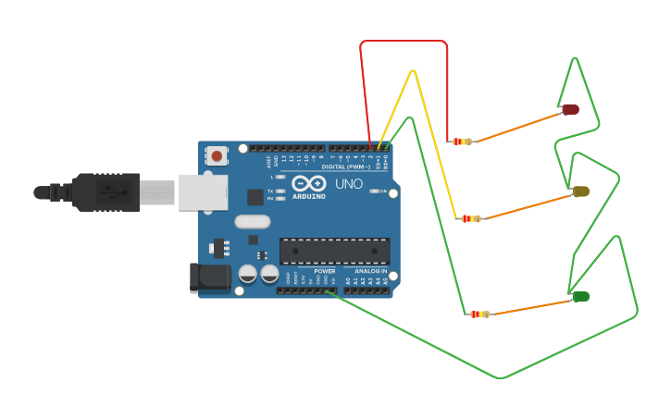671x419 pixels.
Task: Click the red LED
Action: (x=570, y=109)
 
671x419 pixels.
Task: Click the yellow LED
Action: (x=581, y=191)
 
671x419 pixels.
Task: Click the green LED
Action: (x=581, y=297)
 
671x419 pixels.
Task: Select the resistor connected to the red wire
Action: (x=462, y=142)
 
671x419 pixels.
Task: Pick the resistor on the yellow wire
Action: (x=471, y=218)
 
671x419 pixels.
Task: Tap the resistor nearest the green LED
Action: (x=479, y=314)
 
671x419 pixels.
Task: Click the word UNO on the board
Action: (x=349, y=184)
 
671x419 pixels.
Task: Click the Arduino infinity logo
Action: (x=308, y=183)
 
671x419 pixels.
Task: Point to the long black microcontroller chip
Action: (x=334, y=251)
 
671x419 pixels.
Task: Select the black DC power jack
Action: (x=209, y=277)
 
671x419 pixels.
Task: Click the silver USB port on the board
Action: (x=203, y=191)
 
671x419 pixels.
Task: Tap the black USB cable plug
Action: (x=106, y=191)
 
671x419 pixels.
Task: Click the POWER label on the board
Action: (x=324, y=271)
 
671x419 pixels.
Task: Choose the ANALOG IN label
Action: (x=371, y=271)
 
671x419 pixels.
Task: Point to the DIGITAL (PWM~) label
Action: (x=346, y=166)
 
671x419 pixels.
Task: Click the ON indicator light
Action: (x=374, y=191)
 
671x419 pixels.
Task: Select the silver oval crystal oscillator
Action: (x=252, y=221)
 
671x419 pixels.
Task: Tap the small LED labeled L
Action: (x=280, y=177)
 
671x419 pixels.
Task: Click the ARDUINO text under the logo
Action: (x=308, y=196)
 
